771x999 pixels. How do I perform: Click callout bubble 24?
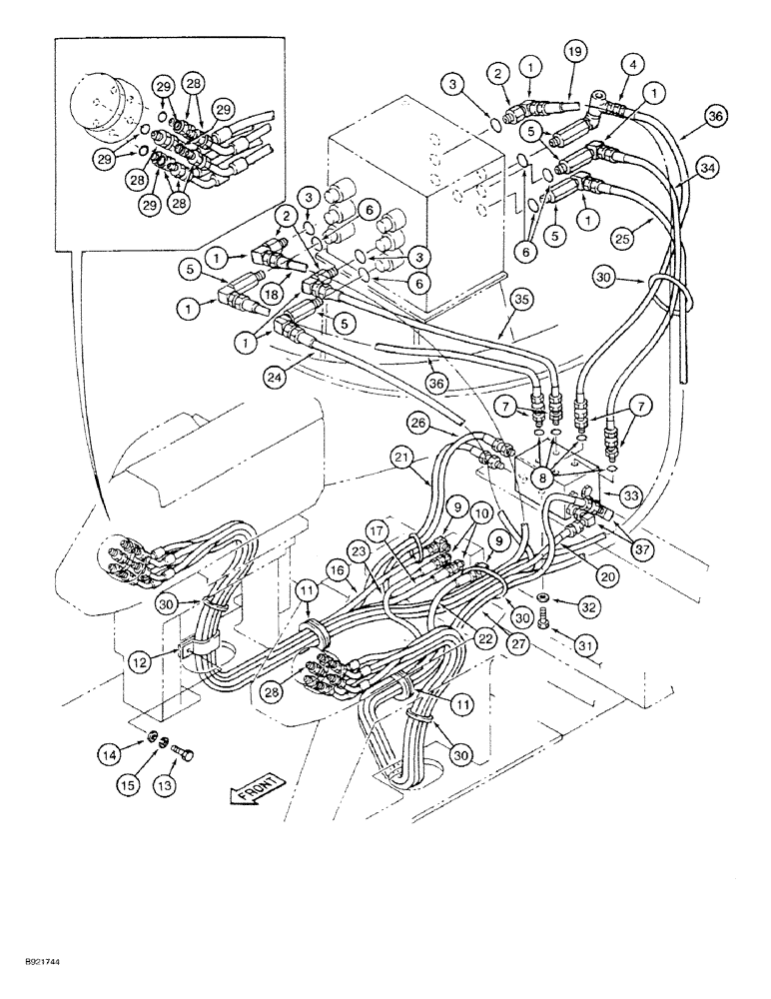(x=273, y=378)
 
